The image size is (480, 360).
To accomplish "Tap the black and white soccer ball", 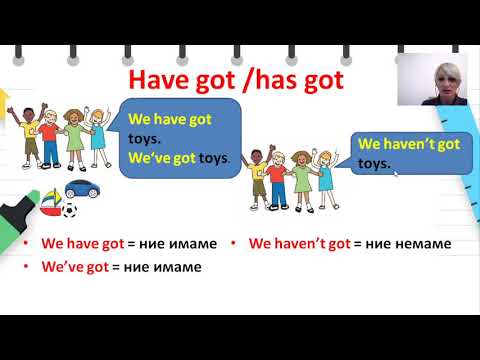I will pos(69,210).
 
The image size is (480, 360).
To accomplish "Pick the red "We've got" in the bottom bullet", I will pos(77,267).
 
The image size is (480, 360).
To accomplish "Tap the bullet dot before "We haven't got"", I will pos(234,243).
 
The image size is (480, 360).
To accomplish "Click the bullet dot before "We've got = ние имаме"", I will pos(26,267).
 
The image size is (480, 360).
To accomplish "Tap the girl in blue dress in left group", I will pos(98,131).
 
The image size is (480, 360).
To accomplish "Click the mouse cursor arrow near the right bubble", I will pos(397,173).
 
